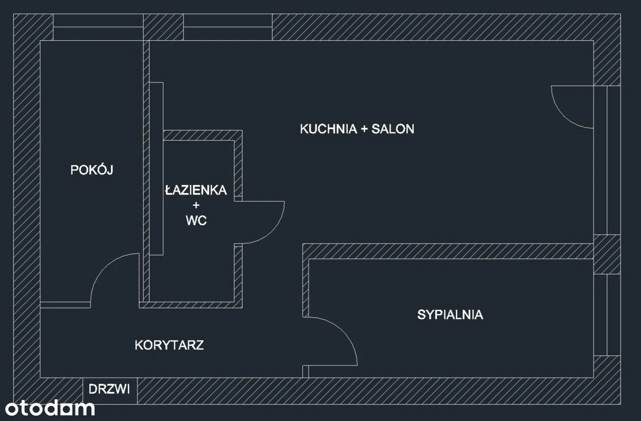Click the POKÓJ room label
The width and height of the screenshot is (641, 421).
[x=92, y=170]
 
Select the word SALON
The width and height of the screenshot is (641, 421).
[x=393, y=129]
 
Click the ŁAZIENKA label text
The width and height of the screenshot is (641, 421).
[x=196, y=190]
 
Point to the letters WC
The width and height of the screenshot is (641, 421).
[x=196, y=221]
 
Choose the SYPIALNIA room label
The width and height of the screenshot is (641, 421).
[x=450, y=315]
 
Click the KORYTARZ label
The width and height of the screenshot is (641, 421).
[x=169, y=345]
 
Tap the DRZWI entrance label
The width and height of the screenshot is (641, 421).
[x=109, y=390]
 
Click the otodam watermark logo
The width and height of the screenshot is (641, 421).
[x=50, y=408]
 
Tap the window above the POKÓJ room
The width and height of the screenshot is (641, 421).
[x=98, y=28]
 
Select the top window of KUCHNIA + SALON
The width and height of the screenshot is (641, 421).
[x=227, y=28]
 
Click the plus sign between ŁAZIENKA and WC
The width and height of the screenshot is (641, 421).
[x=196, y=205]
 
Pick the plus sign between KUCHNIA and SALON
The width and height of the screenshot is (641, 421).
[x=363, y=129]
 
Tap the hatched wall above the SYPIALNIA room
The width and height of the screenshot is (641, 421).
[x=449, y=251]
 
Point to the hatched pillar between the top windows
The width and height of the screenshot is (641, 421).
[x=163, y=28]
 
